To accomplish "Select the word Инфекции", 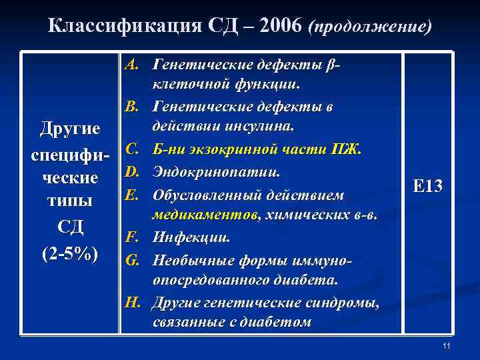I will point(192,236).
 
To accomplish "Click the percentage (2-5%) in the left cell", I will point(70,254).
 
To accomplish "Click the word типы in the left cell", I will point(70,201).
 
